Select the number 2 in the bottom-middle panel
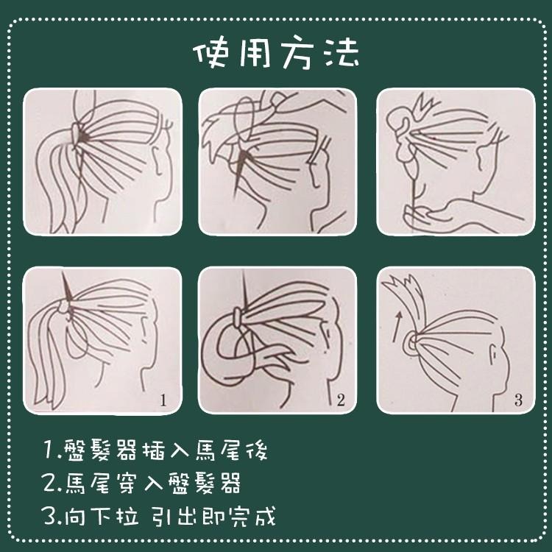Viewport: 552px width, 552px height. [x=340, y=400]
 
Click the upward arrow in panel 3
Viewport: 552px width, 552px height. [x=398, y=319]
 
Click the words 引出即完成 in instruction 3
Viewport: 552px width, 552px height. [x=213, y=516]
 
